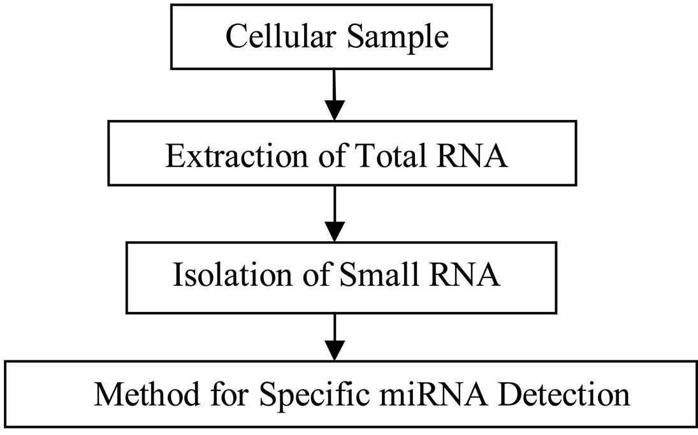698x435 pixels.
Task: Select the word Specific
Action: [302, 397]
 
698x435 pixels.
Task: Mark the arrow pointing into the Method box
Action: [335, 338]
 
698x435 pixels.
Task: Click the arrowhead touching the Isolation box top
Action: [335, 232]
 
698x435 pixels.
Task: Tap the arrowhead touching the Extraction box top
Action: [335, 111]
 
